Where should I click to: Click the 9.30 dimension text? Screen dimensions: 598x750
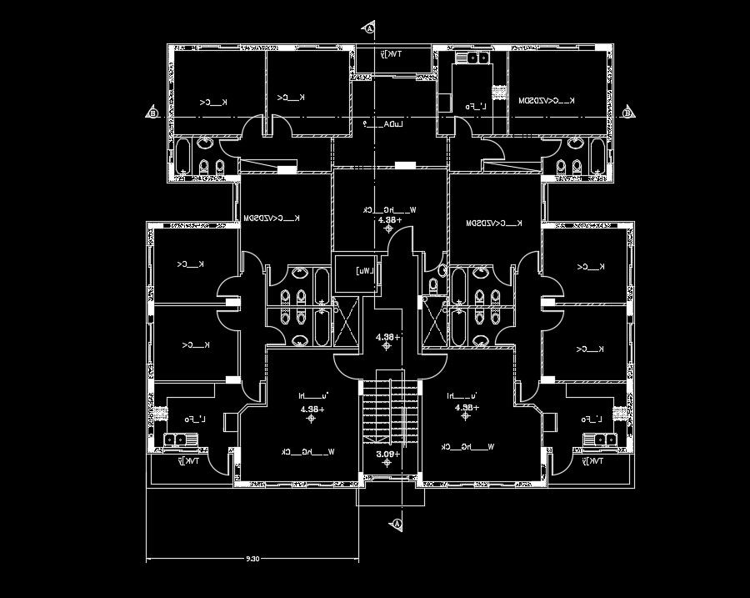tap(252, 558)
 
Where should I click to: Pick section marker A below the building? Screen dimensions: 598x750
tap(397, 524)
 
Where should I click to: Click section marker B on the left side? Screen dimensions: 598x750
tap(152, 113)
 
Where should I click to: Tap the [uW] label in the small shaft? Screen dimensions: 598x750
tap(363, 271)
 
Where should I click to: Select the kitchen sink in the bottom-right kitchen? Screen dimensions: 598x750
tap(601, 440)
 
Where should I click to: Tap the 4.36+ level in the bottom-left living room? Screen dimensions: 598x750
tap(312, 410)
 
